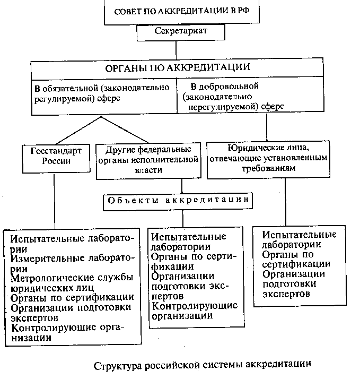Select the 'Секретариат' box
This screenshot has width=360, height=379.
[181, 31]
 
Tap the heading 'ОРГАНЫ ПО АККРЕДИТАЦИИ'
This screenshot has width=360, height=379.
[177, 67]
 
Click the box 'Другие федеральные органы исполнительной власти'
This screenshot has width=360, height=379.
[148, 159]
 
